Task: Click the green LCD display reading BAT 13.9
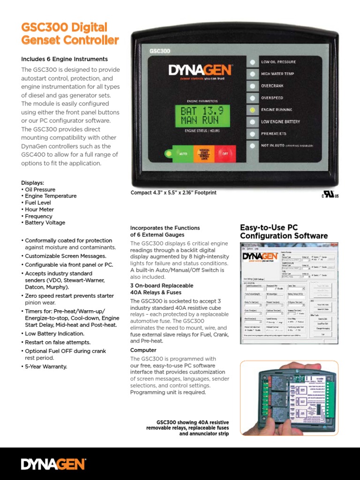tap(202, 115)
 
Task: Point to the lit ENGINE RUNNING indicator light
tap(253, 110)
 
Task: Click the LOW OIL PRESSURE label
tap(278, 62)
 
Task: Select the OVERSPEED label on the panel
tap(273, 98)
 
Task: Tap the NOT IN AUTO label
tap(271, 146)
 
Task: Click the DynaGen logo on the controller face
tap(200, 71)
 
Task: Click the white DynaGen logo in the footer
tap(53, 464)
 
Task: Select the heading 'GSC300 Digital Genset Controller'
tap(70, 34)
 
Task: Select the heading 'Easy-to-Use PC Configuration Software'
tap(284, 232)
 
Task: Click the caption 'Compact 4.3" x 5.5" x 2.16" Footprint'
tap(173, 193)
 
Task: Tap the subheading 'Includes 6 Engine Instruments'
tap(64, 59)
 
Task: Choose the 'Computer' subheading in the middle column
tap(143, 350)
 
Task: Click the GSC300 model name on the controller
tap(159, 50)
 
